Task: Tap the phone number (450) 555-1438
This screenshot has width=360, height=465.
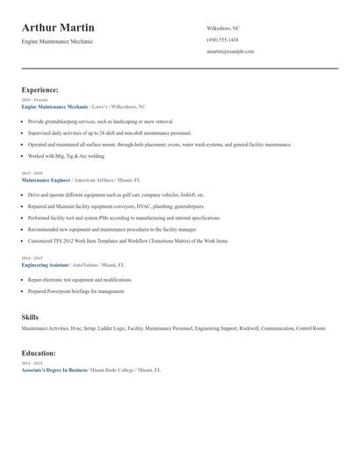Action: point(222,39)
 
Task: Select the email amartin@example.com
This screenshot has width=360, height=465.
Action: point(230,51)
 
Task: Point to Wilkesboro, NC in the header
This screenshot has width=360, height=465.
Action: point(222,28)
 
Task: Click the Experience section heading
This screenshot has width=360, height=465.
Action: point(40,89)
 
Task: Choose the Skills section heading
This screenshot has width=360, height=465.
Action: point(30,316)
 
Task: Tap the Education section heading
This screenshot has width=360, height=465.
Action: point(39,353)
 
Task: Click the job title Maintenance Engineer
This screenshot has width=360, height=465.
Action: point(45,178)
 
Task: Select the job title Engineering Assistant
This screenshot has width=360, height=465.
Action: point(46,263)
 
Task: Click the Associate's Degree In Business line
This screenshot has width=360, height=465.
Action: point(54,370)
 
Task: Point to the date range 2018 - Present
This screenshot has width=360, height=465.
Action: point(35,100)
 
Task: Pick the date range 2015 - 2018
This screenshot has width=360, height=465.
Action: point(32,173)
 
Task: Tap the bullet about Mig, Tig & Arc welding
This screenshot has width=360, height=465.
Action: point(66,155)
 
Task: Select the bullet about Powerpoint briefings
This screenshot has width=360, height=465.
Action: point(76,290)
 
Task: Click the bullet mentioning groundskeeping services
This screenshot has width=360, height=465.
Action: point(101,121)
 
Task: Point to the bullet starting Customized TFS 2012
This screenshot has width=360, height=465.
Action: point(127,240)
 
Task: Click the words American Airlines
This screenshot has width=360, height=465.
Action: point(96,178)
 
